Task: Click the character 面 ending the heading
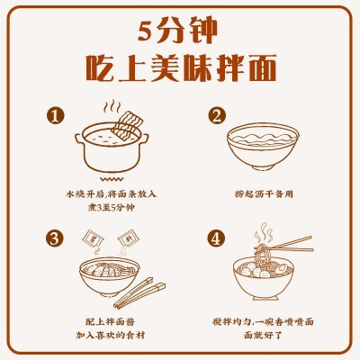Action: [x=262, y=67]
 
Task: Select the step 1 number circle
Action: [x=56, y=116]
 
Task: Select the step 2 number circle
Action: [x=216, y=116]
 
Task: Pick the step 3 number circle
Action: [x=56, y=238]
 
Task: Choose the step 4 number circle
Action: [x=216, y=238]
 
